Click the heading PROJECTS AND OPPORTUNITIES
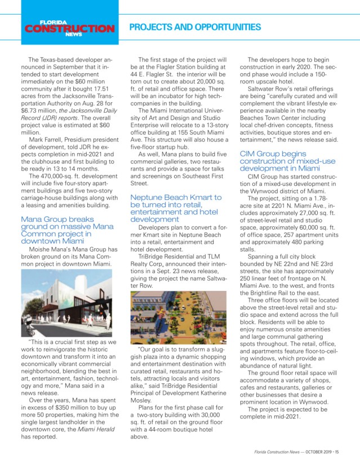click(x=195, y=27)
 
